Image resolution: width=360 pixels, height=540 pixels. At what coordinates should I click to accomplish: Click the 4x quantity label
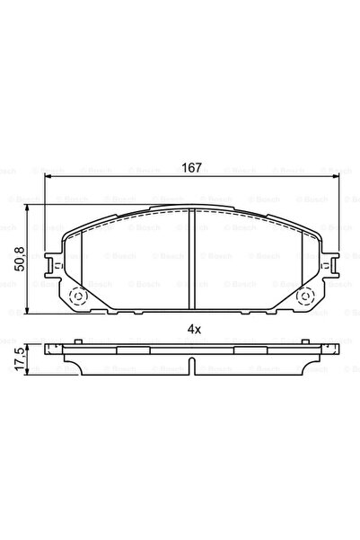[x=193, y=329]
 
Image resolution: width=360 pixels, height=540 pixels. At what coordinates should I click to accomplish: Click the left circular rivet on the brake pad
[x=77, y=297]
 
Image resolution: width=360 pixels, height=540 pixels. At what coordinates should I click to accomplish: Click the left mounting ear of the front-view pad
[x=56, y=265]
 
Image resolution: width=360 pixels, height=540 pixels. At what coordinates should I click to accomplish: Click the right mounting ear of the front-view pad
[x=331, y=265]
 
